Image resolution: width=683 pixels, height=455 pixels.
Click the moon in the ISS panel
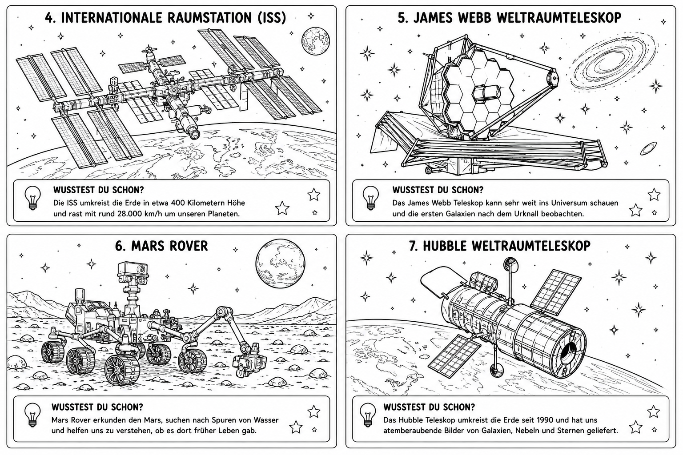coord(316,41)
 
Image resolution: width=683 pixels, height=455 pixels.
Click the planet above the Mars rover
coord(280,263)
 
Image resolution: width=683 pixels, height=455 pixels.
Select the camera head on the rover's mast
coord(133,270)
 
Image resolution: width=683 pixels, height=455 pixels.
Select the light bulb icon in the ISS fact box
coord(32,198)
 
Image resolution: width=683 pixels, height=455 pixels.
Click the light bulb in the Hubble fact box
coord(368,415)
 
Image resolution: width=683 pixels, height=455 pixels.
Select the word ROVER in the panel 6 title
coord(185,246)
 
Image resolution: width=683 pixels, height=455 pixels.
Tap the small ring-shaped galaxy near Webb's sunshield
coord(649,148)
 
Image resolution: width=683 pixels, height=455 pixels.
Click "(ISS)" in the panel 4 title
coord(272,18)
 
